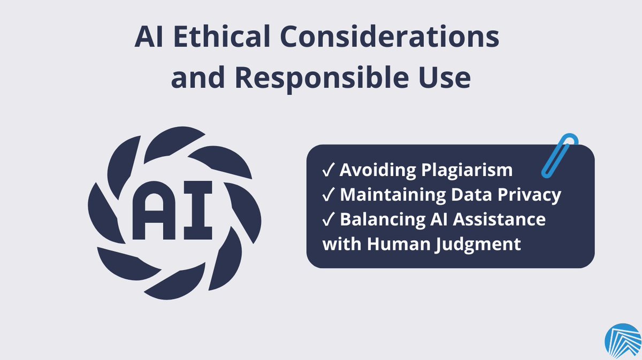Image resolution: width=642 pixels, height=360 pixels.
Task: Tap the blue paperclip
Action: pyautogui.click(x=560, y=156)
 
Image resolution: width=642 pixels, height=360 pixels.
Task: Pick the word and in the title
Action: pyautogui.click(x=198, y=79)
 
